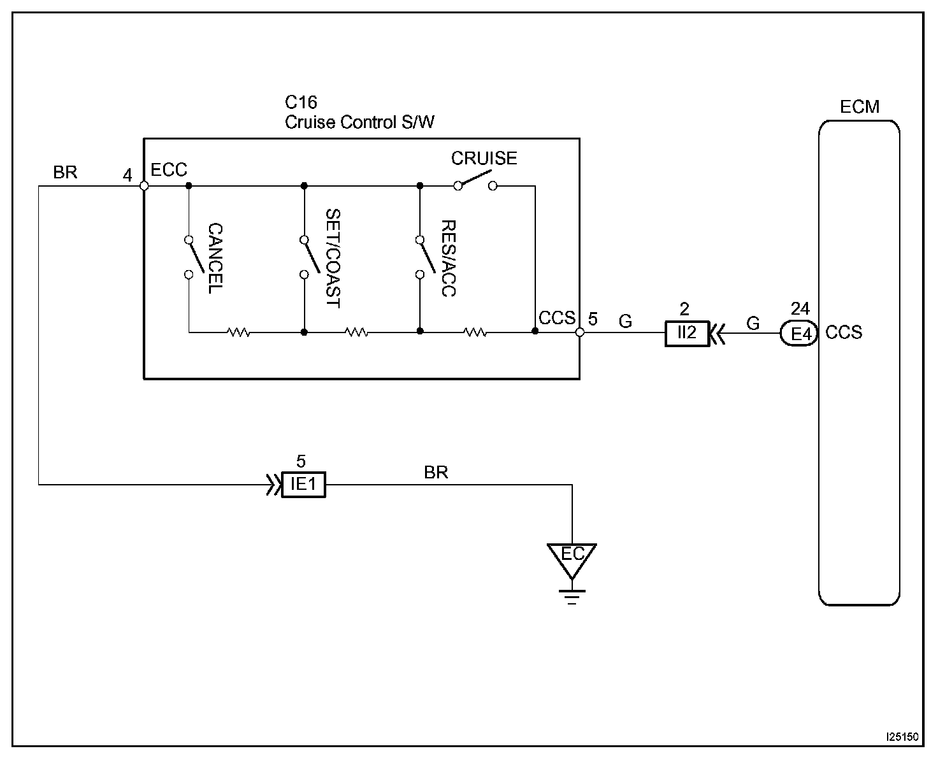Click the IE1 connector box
click(303, 485)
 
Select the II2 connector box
click(687, 334)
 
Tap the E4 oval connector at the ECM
click(799, 334)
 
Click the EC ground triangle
click(572, 559)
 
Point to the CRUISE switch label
click(484, 159)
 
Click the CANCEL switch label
click(215, 259)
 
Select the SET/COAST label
click(333, 259)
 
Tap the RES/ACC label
click(449, 259)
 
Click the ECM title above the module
click(859, 107)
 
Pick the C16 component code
click(301, 102)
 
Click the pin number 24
click(800, 308)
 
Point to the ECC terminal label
click(169, 169)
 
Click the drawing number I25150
click(902, 737)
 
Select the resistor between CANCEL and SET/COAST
click(238, 332)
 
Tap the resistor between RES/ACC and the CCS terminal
click(475, 332)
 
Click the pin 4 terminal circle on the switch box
click(144, 186)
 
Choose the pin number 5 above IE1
click(301, 461)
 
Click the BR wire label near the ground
click(436, 473)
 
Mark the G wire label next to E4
click(753, 324)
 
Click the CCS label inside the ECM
click(844, 333)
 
